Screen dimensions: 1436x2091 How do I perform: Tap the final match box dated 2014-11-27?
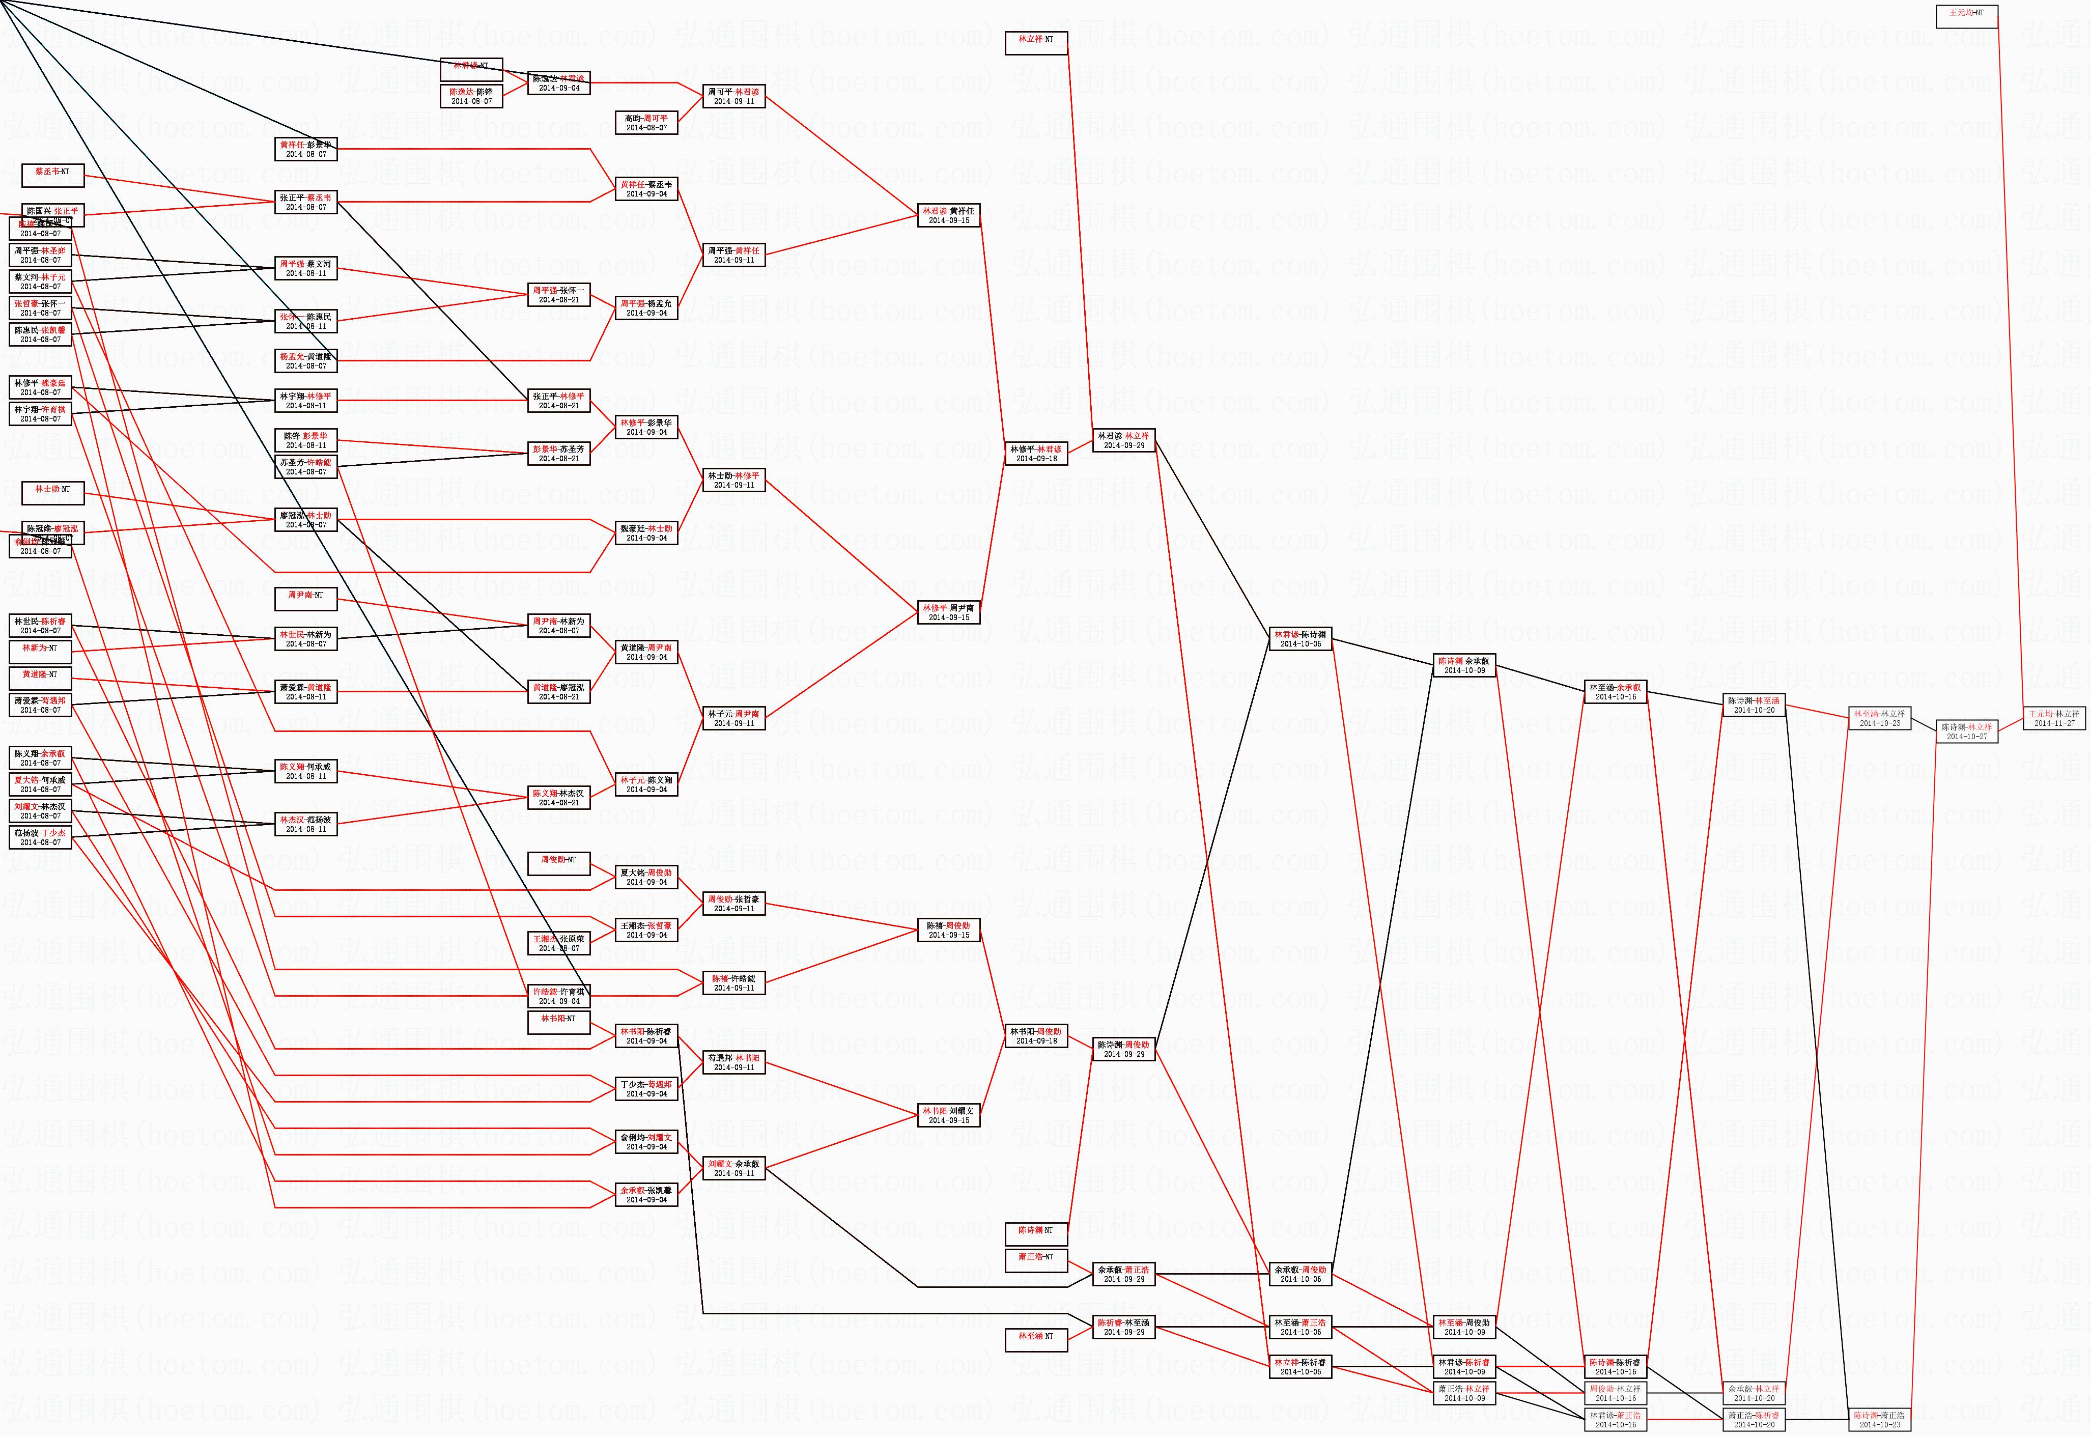(2053, 717)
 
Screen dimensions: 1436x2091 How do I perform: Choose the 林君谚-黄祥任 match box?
(948, 215)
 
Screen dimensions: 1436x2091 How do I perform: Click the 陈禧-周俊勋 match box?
(948, 930)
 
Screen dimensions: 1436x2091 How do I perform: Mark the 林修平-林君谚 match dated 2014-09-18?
(1036, 453)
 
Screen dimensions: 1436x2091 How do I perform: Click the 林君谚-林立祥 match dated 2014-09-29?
(1124, 440)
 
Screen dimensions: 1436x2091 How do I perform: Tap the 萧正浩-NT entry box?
(1036, 1260)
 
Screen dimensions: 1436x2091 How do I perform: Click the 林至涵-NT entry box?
(1036, 1340)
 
